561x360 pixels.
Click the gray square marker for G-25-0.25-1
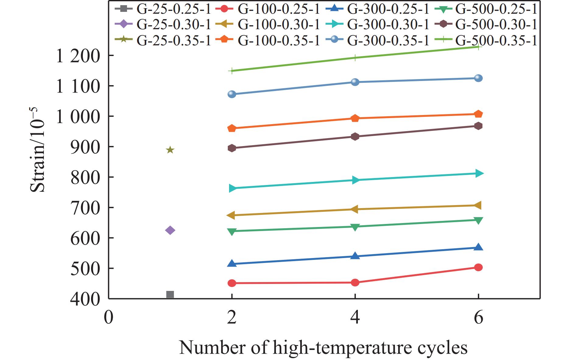pyautogui.click(x=170, y=295)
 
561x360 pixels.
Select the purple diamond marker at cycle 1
pyautogui.click(x=170, y=230)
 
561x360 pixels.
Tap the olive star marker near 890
pyautogui.click(x=170, y=150)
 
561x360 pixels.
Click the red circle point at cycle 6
pyautogui.click(x=478, y=267)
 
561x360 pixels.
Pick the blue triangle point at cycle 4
pyautogui.click(x=355, y=256)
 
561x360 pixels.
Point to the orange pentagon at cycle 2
pyautogui.click(x=232, y=128)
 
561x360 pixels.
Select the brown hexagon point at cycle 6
pyautogui.click(x=478, y=126)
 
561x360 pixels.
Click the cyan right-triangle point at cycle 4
pyautogui.click(x=355, y=180)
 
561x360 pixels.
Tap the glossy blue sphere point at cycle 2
pyautogui.click(x=232, y=94)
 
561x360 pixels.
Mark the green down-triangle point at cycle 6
pyautogui.click(x=478, y=220)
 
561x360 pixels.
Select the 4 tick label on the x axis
pyautogui.click(x=355, y=318)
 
